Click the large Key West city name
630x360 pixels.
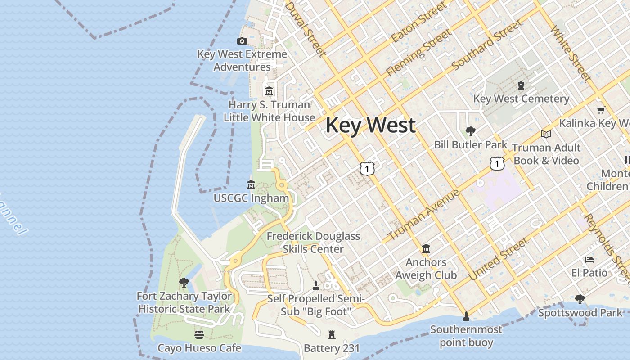coord(370,125)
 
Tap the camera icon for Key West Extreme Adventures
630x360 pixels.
coord(242,41)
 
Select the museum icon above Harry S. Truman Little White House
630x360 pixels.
coord(269,91)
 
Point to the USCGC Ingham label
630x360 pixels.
coord(251,198)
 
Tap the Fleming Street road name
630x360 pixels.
coord(418,53)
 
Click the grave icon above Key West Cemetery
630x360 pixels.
coord(521,85)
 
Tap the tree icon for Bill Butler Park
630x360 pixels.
coord(471,131)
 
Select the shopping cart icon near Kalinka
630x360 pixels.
coord(600,110)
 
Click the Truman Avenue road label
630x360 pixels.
coord(423,215)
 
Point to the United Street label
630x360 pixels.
coord(499,260)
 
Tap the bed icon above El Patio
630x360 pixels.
coord(589,260)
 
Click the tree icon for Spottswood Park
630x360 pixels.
coord(580,299)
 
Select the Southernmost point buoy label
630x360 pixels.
coord(466,336)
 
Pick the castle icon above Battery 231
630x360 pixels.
coord(332,335)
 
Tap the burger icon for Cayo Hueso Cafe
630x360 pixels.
coord(199,335)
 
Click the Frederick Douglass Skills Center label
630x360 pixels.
coord(313,243)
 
